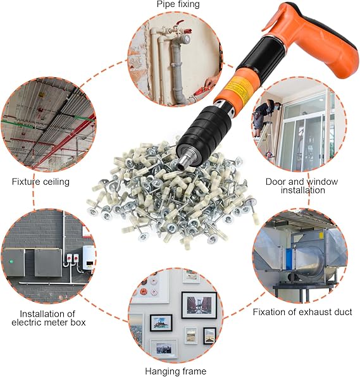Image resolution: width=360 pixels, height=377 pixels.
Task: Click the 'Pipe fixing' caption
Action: click(178, 4)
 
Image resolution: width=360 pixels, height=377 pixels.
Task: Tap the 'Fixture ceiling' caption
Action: click(40, 182)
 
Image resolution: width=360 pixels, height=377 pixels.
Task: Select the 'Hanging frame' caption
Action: click(176, 371)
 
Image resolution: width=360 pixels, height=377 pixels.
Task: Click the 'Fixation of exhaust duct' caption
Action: click(302, 312)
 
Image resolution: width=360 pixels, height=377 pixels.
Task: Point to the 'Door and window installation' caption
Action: click(302, 186)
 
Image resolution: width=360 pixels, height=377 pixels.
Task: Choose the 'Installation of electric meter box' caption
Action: click(48, 318)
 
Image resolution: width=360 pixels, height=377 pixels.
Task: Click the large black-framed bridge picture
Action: click(199, 305)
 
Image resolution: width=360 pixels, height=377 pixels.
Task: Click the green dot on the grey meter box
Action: click(11, 261)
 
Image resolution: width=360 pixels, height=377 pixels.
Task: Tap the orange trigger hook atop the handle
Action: click(274, 18)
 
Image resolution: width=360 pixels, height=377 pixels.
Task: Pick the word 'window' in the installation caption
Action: click(322, 182)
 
